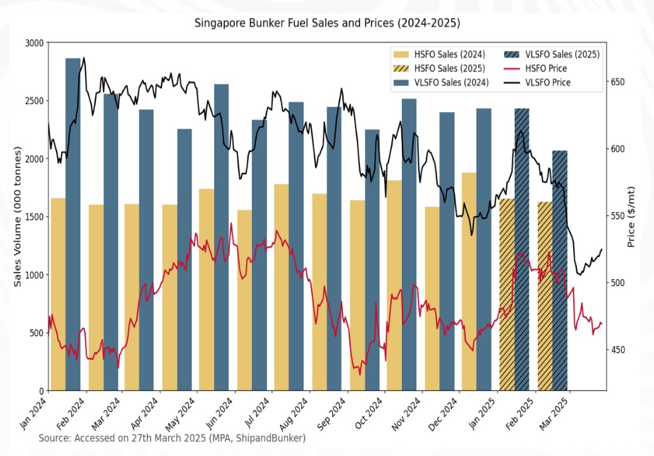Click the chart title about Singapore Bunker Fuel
coord(327,23)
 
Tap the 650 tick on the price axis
coord(618,82)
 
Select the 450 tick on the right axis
coord(618,350)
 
